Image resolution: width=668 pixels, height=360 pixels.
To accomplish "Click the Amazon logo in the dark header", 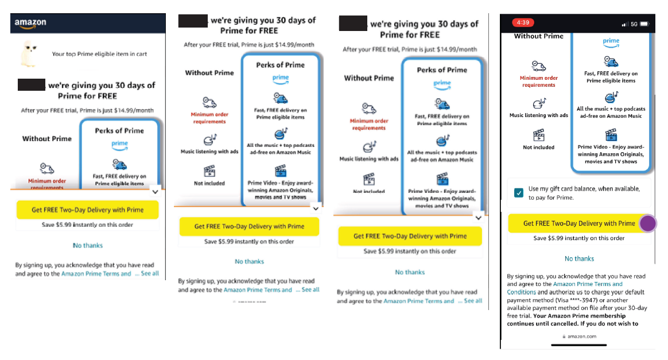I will coord(30,23).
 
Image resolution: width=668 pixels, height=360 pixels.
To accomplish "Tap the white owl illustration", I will coord(28,54).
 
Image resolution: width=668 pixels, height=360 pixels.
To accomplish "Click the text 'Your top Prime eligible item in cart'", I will coord(99,54).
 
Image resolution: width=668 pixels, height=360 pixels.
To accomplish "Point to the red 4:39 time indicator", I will coord(523,23).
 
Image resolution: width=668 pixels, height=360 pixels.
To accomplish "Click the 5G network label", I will coord(634,24).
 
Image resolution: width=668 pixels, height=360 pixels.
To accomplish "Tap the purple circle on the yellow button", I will coord(648,223).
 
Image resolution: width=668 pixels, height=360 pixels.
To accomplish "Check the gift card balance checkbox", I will coord(519,193).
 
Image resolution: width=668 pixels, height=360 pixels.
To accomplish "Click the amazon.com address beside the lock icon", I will coord(582,336).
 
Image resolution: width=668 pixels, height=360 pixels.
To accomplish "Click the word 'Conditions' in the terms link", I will coord(521,292).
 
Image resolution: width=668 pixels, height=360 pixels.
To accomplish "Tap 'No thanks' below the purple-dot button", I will coord(579,258).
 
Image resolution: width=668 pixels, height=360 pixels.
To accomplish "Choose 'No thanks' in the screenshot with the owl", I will coord(88,245).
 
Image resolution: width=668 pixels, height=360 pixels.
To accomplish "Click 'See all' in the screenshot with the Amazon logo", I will coord(149,274).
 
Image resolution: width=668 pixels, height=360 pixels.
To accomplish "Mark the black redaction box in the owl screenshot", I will coord(32,85).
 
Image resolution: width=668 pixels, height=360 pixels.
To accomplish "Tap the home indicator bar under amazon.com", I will coord(578,345).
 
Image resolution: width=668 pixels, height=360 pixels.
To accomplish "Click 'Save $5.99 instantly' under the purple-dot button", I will coord(579,238).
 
